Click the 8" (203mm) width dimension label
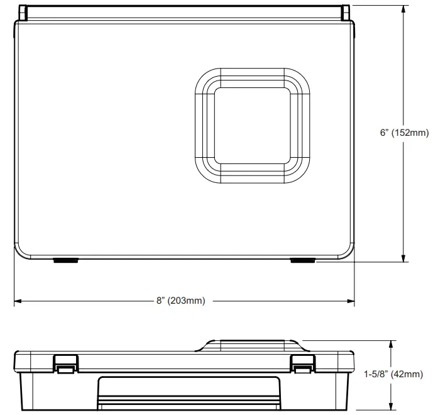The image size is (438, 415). pos(181,301)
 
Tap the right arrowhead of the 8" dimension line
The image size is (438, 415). pos(351,301)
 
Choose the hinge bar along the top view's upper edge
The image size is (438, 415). pos(184,11)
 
